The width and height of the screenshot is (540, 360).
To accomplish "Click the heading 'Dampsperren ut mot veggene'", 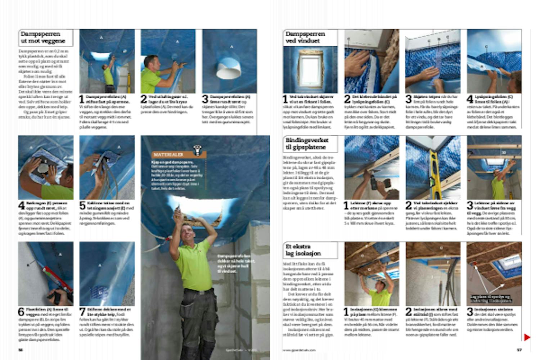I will [x=42, y=37].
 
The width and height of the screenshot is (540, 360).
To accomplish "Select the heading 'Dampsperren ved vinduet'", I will [x=305, y=37].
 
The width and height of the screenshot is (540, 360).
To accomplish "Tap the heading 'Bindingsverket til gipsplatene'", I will [x=306, y=144].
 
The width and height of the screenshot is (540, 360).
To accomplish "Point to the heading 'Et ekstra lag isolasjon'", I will [x=303, y=250].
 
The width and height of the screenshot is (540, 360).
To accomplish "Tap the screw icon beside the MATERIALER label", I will [x=197, y=150].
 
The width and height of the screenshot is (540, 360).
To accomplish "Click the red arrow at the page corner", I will [x=527, y=337].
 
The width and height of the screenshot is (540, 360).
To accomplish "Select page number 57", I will [x=519, y=350].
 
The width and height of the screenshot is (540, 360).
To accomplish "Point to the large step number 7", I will [x=82, y=312].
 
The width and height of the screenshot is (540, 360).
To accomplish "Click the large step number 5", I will [x=82, y=206].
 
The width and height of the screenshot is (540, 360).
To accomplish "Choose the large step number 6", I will [x=21, y=312].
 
